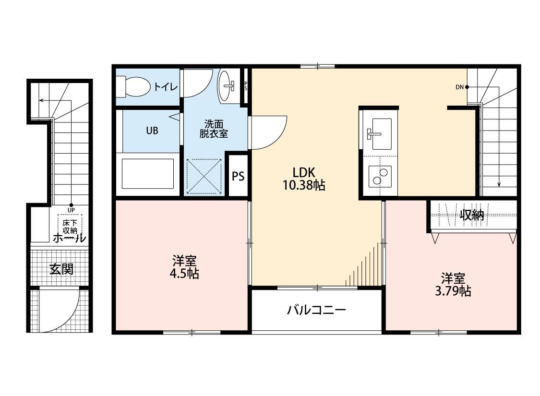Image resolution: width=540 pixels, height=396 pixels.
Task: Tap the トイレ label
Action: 166,87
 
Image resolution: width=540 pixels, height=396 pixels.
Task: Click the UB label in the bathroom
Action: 152,130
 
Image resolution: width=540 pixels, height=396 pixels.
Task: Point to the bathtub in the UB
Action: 147,173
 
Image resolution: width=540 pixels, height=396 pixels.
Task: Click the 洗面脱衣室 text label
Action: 214,128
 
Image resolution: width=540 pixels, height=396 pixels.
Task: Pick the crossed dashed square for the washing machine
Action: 204,176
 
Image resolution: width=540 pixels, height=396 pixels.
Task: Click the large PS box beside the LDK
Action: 238,176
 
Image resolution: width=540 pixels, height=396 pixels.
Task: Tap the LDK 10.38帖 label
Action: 303,178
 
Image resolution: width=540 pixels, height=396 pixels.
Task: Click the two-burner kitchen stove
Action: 379,176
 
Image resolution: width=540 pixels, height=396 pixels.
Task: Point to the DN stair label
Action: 460,87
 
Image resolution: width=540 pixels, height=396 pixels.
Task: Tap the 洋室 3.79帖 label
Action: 453,284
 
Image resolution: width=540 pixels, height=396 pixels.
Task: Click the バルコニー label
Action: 316,310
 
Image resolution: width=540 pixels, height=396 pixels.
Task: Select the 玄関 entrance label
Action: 61,269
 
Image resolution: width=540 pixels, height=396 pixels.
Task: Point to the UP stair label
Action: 71,210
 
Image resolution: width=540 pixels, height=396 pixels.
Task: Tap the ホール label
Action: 69,238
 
